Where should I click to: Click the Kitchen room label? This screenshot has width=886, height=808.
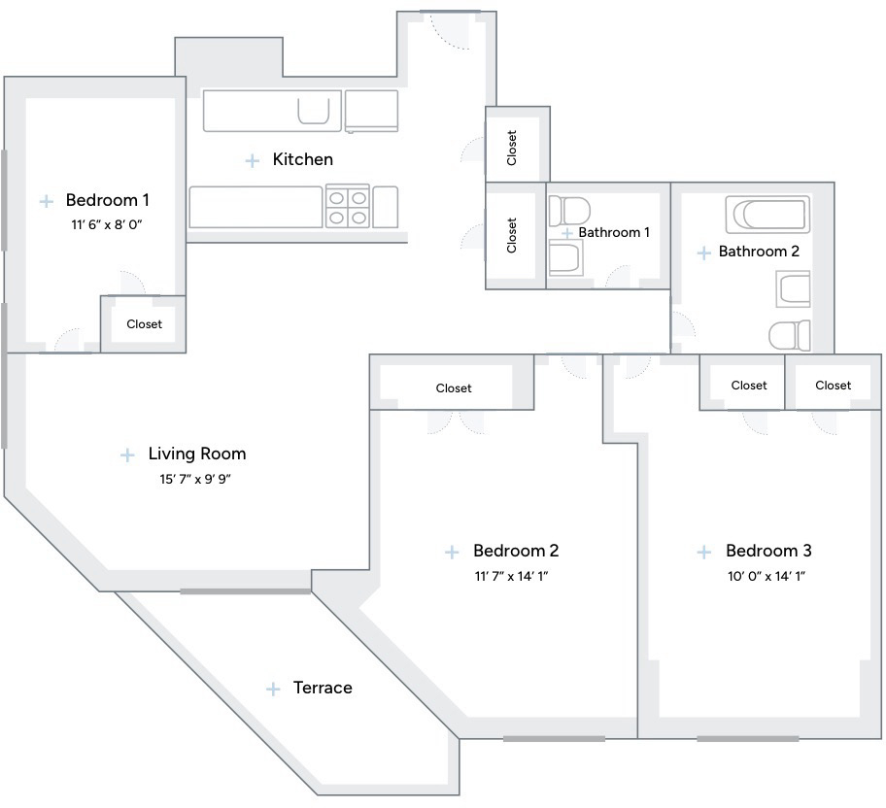tap(302, 159)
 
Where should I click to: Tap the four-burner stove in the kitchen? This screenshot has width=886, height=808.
tap(348, 207)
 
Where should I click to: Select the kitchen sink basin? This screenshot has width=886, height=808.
tap(314, 110)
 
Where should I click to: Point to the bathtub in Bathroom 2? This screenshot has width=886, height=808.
tap(767, 215)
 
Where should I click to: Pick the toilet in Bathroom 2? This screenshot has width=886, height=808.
tap(790, 336)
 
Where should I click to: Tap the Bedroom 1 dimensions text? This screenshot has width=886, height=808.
tap(107, 225)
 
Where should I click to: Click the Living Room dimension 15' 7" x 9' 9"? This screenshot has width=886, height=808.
tap(195, 479)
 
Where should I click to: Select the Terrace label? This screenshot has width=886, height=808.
tap(323, 688)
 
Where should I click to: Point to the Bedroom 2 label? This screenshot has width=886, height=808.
tap(516, 551)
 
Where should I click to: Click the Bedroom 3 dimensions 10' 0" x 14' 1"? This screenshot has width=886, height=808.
tap(767, 576)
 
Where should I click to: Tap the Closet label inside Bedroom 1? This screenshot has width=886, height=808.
tap(144, 324)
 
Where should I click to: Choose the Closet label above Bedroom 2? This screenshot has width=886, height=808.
tap(454, 388)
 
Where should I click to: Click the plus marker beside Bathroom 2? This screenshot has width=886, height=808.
tap(704, 252)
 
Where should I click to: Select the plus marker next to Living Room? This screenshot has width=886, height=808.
tap(127, 454)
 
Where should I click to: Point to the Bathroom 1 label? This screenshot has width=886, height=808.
tap(614, 232)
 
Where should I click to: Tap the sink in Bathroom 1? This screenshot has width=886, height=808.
tap(565, 258)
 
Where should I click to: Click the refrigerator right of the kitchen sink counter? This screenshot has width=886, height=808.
tap(371, 111)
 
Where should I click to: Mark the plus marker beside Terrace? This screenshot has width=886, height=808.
tap(273, 689)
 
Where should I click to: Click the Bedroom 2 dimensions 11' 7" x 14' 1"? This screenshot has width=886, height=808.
tap(511, 576)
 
